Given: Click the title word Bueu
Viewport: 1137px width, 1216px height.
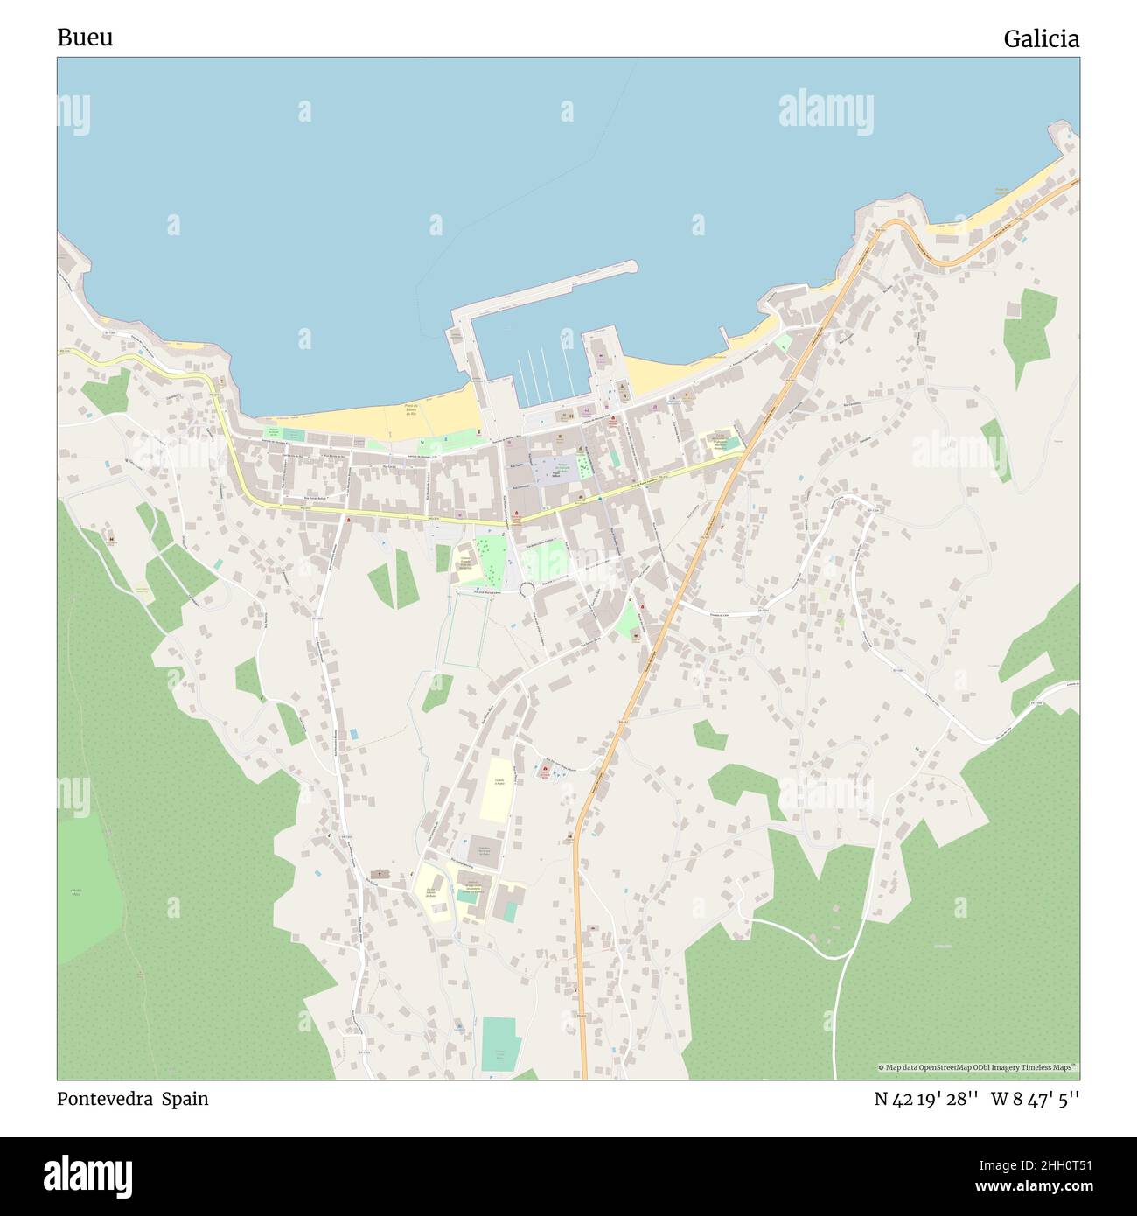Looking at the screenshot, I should (x=85, y=38).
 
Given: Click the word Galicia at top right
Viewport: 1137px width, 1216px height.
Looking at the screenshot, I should (x=1041, y=39).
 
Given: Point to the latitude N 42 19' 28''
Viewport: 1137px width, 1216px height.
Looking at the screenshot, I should (x=925, y=1099).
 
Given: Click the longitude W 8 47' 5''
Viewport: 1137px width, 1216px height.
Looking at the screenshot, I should (x=1035, y=1099).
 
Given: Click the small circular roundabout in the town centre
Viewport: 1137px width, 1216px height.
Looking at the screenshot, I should (x=527, y=591).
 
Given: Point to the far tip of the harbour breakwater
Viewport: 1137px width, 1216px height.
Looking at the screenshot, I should (x=633, y=265).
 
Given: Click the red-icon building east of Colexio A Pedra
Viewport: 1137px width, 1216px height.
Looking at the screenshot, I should (x=545, y=772).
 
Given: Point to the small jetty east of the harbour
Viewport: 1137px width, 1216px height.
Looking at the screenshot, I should (x=723, y=336).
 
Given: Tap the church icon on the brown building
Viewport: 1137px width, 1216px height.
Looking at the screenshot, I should (x=380, y=874).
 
